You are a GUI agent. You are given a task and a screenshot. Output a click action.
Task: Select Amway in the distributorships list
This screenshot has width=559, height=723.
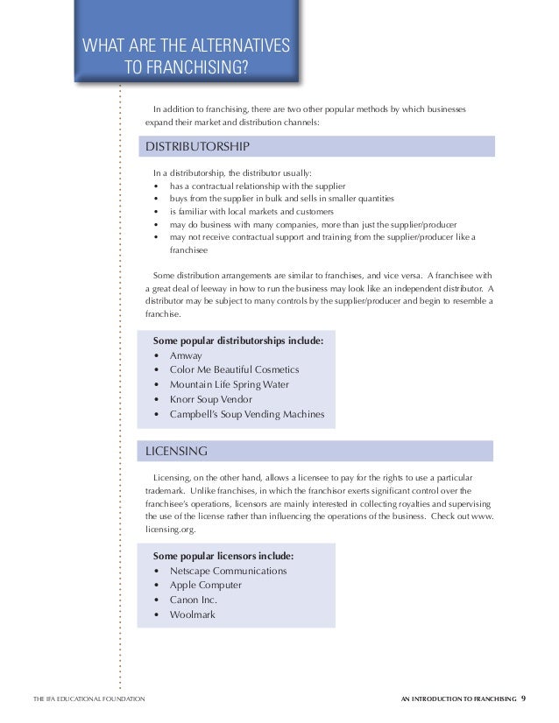pyautogui.click(x=186, y=356)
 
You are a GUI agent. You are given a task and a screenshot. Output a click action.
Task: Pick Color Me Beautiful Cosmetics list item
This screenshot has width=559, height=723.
pyautogui.click(x=234, y=370)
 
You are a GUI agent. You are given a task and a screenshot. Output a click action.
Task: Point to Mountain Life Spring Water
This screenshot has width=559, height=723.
pyautogui.click(x=229, y=384)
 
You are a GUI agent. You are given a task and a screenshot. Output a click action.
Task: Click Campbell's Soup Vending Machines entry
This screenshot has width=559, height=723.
pyautogui.click(x=247, y=414)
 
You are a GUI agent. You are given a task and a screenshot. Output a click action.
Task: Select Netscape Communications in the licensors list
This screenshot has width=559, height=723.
pyautogui.click(x=228, y=571)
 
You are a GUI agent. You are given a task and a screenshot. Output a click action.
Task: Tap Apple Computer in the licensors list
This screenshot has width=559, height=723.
pyautogui.click(x=205, y=585)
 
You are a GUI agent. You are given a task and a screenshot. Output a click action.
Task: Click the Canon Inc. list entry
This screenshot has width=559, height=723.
pyautogui.click(x=193, y=600)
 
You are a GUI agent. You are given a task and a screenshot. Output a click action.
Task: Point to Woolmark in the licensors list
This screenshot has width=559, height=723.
pyautogui.click(x=192, y=614)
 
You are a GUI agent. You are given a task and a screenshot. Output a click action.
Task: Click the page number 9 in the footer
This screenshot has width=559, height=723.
pyautogui.click(x=524, y=698)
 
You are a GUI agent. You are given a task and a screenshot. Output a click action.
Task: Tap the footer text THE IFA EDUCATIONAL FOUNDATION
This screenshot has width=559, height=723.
pyautogui.click(x=82, y=699)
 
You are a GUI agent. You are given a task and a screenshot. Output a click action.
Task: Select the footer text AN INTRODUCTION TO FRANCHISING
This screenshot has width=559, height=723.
pyautogui.click(x=456, y=699)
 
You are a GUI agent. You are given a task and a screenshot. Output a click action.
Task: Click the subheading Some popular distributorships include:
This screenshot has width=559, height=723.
pyautogui.click(x=237, y=341)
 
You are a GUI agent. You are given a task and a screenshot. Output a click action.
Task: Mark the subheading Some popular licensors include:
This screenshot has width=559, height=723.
pyautogui.click(x=223, y=556)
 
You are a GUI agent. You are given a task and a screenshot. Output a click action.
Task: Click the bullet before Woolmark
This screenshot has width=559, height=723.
pyautogui.click(x=156, y=615)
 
